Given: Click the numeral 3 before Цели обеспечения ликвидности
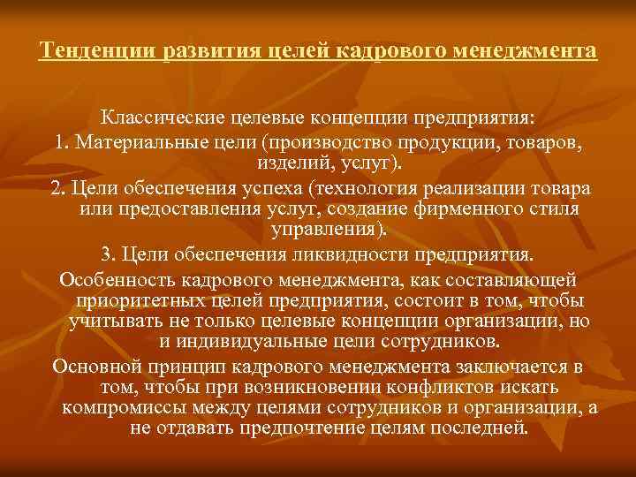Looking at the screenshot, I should [x=106, y=255].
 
